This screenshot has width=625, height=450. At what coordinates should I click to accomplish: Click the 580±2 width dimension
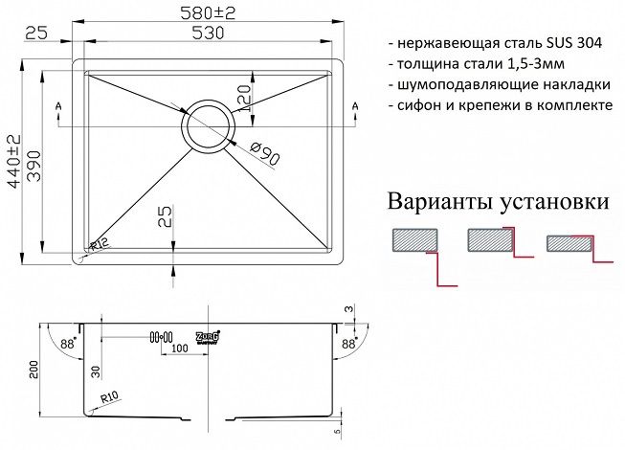[208, 13]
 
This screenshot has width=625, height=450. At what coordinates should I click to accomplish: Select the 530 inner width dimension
[208, 34]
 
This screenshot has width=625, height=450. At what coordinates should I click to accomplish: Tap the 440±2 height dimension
[14, 161]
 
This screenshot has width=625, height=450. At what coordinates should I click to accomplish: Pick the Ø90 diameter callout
[265, 154]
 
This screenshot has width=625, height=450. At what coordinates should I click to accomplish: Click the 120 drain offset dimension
[244, 98]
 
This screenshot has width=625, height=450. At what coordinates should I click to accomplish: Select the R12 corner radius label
[98, 245]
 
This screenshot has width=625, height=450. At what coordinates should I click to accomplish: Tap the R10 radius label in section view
[110, 397]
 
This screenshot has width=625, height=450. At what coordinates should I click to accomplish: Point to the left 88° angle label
[67, 343]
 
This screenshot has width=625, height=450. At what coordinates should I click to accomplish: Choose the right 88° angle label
[348, 343]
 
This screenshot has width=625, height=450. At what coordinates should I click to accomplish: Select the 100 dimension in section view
[180, 349]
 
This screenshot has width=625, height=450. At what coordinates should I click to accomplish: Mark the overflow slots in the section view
[161, 337]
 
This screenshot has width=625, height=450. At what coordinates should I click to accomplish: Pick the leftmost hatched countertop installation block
[415, 240]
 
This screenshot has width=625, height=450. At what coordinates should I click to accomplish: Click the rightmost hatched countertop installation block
[569, 243]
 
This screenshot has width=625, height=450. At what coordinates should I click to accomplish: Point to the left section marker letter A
[58, 106]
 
